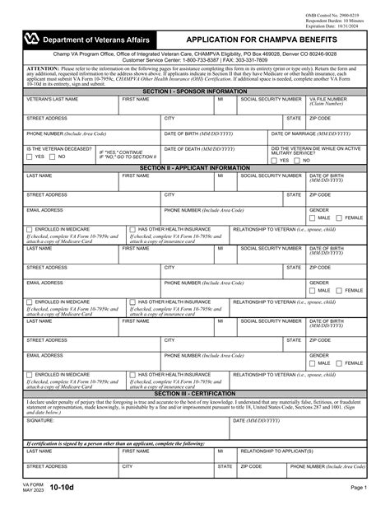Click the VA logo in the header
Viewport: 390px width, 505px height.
(x=31, y=39)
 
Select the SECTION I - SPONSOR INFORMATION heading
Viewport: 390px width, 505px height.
(x=194, y=91)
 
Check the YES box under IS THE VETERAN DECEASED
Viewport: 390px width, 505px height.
(x=30, y=156)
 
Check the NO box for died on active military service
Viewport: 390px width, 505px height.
(x=297, y=161)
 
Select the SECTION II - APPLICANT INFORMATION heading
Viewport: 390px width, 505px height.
(x=194, y=167)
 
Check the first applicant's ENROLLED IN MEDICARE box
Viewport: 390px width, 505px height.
(x=30, y=229)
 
